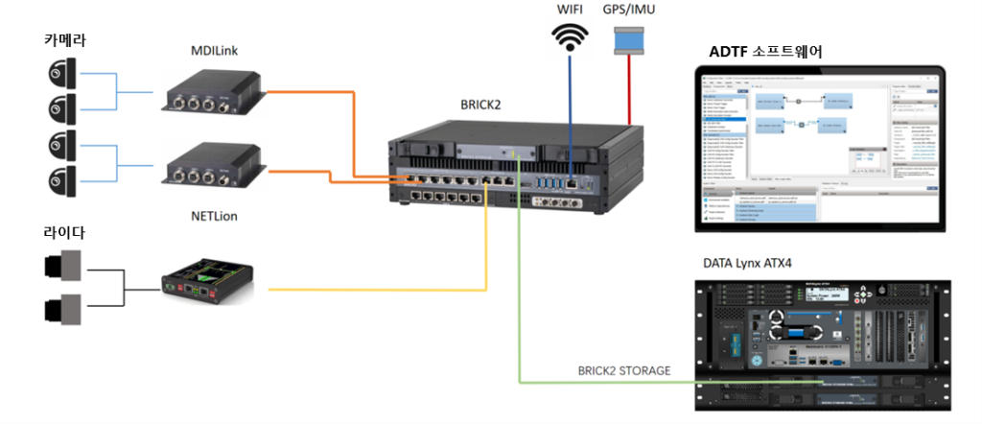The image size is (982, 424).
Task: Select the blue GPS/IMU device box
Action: (x=630, y=41)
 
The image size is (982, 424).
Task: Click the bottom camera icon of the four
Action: (x=61, y=177)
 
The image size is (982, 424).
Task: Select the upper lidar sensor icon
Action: (x=62, y=266)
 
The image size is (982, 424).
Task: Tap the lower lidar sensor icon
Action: (x=62, y=309)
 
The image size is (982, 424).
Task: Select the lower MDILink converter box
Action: (x=212, y=165)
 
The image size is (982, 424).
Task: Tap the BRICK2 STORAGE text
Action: (x=623, y=369)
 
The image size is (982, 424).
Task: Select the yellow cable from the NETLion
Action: (x=384, y=288)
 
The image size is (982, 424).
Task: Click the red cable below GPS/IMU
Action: (x=630, y=96)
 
